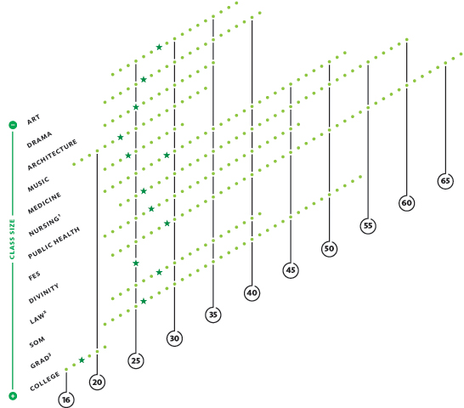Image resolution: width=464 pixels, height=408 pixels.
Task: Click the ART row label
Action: coord(33,119)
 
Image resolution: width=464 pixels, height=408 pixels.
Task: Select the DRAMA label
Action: coord(39,139)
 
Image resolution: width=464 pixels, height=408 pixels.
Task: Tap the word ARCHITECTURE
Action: coord(52,155)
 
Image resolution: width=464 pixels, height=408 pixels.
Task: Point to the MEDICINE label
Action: coord(44,203)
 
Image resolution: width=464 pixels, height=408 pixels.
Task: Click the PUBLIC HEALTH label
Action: coord(54,243)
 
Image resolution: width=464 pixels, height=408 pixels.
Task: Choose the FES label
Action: coord(34,276)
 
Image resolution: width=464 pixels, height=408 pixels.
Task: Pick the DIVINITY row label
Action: coord(43,293)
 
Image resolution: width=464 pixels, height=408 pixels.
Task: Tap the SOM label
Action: coord(37,342)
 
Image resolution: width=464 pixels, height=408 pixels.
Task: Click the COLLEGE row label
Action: coord(45,382)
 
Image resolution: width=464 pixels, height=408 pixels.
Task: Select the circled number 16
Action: coord(66,399)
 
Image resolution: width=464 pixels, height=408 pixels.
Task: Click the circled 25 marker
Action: coord(136,360)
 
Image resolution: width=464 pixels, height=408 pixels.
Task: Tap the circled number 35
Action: coord(213,314)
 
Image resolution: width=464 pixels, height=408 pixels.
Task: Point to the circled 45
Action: coord(291,270)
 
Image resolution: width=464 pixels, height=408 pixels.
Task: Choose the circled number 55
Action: coord(368,225)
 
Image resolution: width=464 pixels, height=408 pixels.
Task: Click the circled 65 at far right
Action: coord(445,180)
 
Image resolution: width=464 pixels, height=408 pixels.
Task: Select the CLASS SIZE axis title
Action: coord(12,239)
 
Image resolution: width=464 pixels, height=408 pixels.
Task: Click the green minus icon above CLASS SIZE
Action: coord(13,125)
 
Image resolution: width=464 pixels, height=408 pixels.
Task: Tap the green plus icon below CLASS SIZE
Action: coord(13,396)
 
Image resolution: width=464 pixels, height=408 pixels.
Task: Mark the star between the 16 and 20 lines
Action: coord(82,360)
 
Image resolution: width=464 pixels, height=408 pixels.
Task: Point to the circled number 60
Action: coord(406,203)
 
